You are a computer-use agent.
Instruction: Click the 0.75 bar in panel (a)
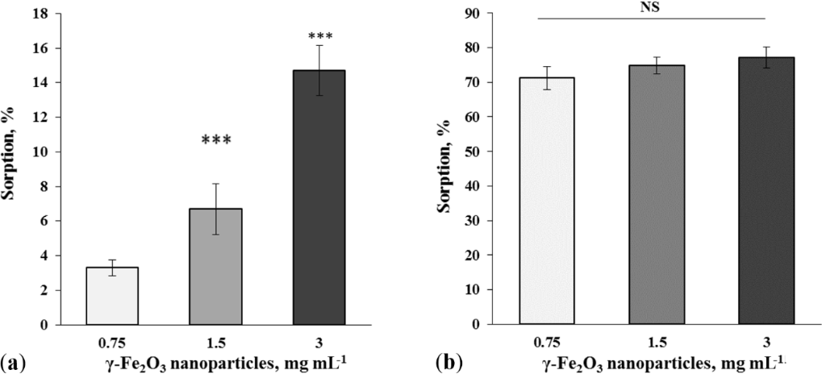[114, 295]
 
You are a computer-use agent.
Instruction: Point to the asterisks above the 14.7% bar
[319, 37]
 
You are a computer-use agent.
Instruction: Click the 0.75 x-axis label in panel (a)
[114, 341]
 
